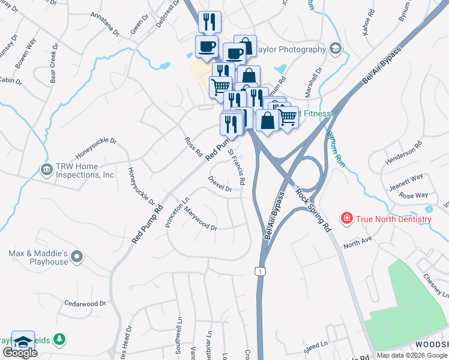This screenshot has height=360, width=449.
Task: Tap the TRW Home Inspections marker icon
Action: click(x=46, y=170)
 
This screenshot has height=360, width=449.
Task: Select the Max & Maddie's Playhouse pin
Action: click(x=76, y=257)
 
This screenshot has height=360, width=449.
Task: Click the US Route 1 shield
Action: click(x=259, y=271)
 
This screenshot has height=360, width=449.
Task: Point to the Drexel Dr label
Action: click(x=220, y=184)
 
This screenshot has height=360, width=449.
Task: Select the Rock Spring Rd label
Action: click(x=313, y=208)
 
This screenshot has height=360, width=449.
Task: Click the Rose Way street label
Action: click(x=413, y=195)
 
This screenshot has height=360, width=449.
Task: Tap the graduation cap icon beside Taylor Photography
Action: click(x=335, y=49)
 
